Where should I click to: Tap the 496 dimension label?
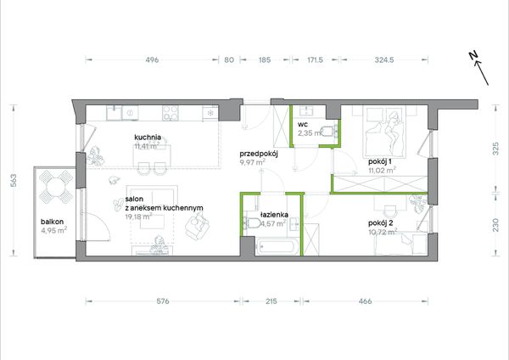point(152,59)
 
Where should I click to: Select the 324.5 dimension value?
point(384,59)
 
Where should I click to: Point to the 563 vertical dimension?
point(14,180)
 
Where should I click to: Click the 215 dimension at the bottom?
point(271,301)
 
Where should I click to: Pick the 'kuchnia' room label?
point(148,137)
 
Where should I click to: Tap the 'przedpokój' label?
point(259,154)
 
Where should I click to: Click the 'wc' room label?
point(303,124)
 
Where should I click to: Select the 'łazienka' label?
point(274,215)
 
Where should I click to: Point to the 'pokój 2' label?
point(380,223)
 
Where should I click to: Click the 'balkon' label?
point(53,222)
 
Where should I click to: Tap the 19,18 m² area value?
point(138,217)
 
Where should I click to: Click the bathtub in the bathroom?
point(277,248)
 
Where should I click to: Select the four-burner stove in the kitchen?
point(171,113)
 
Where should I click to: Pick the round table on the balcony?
point(56,187)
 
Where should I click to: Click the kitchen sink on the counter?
point(114,113)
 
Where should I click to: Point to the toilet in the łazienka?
point(252,223)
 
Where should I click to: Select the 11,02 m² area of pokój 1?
point(382,170)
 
